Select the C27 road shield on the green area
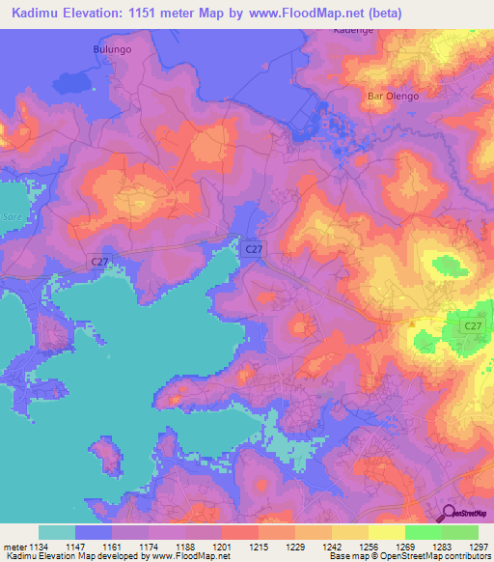472,326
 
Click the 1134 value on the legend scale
39,547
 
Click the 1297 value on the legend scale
479,547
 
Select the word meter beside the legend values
14,547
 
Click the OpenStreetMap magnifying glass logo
447,514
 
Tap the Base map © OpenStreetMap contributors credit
409,557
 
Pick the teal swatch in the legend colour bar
57,532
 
